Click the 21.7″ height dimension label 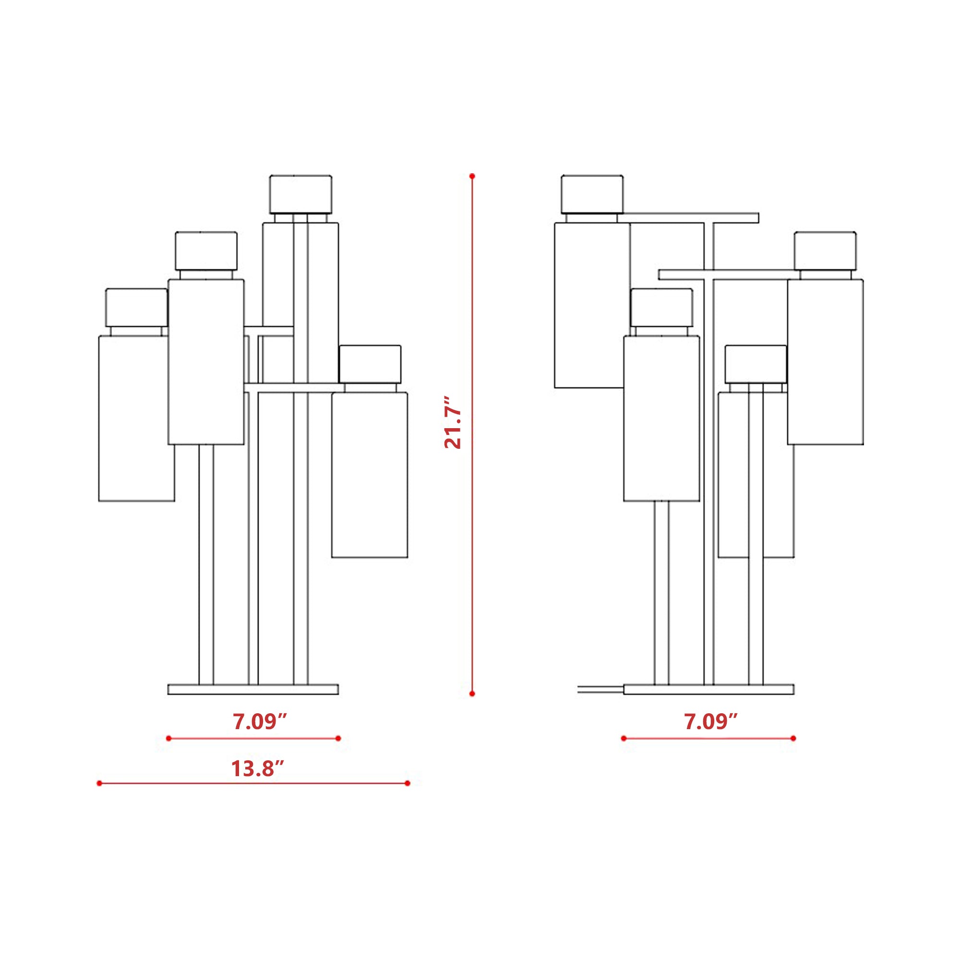point(453,422)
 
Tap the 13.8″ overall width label point(257,768)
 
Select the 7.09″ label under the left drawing point(260,721)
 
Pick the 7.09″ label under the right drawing point(711,721)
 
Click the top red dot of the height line point(472,176)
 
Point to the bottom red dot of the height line point(472,693)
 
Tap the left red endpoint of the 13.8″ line point(99,783)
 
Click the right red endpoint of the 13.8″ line point(408,783)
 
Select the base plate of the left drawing point(253,689)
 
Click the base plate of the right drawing point(708,689)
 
